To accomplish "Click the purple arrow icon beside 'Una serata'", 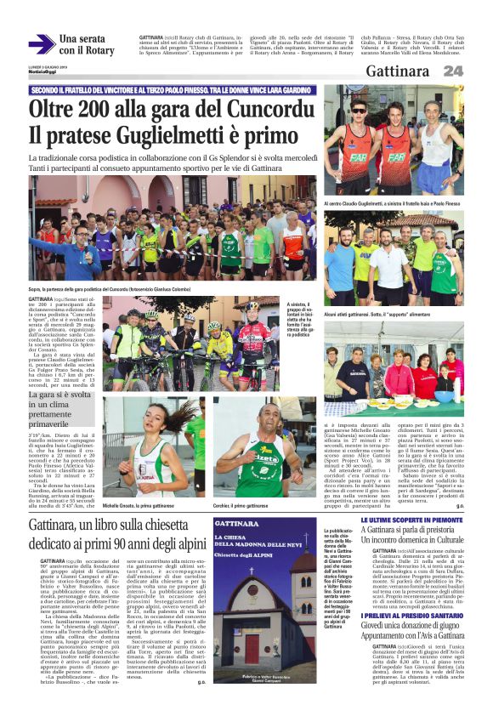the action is pyautogui.click(x=41, y=44).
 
